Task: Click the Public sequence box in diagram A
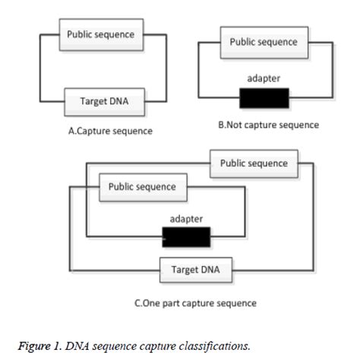click(x=101, y=35)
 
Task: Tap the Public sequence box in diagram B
click(x=264, y=43)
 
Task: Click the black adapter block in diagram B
click(x=264, y=98)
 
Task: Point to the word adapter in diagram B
click(x=264, y=78)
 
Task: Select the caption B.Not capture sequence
click(x=268, y=125)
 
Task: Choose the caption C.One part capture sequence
click(x=195, y=303)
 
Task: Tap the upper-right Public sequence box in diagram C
click(x=254, y=164)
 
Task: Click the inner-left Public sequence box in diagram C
click(x=142, y=187)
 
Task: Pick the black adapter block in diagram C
click(x=187, y=239)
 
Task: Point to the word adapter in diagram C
click(x=187, y=219)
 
